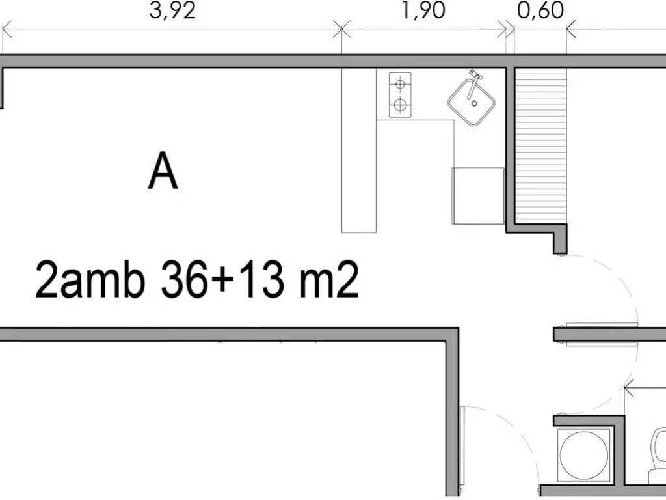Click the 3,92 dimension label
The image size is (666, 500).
click(x=172, y=10)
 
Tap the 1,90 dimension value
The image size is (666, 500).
click(x=423, y=10)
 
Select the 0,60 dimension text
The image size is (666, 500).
click(x=540, y=10)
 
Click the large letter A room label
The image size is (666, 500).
click(x=163, y=171)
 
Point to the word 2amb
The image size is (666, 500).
click(x=90, y=279)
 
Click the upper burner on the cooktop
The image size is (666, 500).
click(x=400, y=84)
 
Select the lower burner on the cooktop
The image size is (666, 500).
click(x=400, y=104)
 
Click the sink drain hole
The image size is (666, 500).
click(x=474, y=104)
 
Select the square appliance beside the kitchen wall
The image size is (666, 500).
click(x=478, y=195)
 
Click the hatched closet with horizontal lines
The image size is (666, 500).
click(x=540, y=145)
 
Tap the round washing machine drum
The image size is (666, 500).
click(x=583, y=453)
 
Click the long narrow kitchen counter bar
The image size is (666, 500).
click(x=359, y=150)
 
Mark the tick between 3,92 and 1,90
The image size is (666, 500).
click(x=342, y=29)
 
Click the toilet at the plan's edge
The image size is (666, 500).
click(x=658, y=455)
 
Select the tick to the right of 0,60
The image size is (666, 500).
click(x=566, y=29)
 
